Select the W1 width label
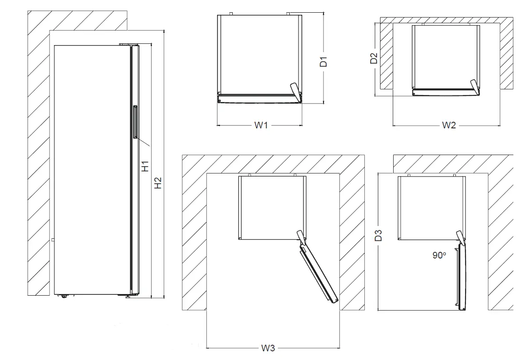click(261, 126)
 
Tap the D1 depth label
click(323, 61)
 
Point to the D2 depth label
click(374, 58)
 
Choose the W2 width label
click(448, 126)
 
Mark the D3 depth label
click(379, 235)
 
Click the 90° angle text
click(439, 255)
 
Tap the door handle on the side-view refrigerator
click(135, 122)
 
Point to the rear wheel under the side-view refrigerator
click(65, 296)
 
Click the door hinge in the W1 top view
click(295, 90)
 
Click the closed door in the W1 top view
click(259, 99)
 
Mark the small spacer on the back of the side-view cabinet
click(52, 240)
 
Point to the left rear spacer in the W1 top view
click(231, 14)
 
